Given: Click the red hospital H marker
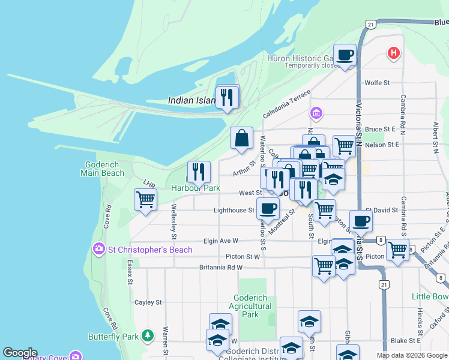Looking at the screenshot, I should coord(393,53).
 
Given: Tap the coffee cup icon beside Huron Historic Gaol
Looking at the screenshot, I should coord(345,56).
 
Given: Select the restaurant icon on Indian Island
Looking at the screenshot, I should coord(227,97).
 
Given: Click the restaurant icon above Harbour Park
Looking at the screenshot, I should coord(199,173).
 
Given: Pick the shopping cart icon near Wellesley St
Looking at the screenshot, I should coord(145,200).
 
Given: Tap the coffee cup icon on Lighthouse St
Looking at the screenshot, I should coord(268,209).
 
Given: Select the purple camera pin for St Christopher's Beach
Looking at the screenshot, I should coord(97,248).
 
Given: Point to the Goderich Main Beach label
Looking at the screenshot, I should coord(103,169).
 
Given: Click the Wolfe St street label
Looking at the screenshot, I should coord(378,82).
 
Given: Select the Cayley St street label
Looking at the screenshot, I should coord(148,302).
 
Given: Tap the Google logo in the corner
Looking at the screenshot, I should coord(20,353).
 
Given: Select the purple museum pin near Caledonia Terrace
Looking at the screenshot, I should coord(316,113).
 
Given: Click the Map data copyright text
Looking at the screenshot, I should coord(412,355).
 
